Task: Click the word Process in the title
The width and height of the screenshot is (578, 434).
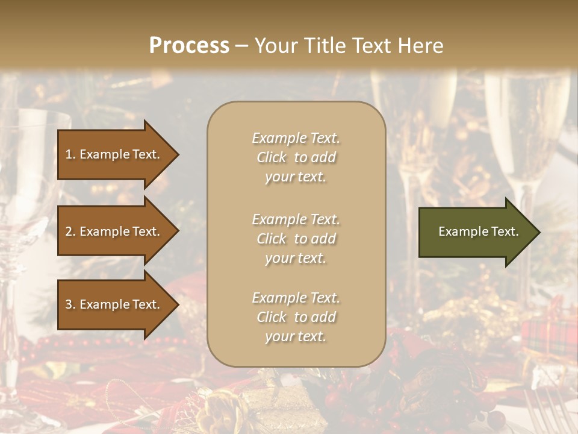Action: (189, 46)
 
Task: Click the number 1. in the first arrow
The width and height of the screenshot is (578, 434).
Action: (70, 154)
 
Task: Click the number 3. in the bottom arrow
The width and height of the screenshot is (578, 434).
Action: (70, 304)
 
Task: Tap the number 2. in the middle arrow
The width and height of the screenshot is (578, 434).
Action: (70, 231)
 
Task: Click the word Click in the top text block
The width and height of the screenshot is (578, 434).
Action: (272, 157)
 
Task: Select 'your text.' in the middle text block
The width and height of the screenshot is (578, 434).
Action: (296, 258)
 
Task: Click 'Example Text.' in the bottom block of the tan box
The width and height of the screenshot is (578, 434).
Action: (296, 298)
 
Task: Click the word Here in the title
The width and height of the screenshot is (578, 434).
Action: (421, 46)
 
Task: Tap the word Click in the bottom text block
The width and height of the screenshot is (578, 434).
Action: (272, 317)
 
